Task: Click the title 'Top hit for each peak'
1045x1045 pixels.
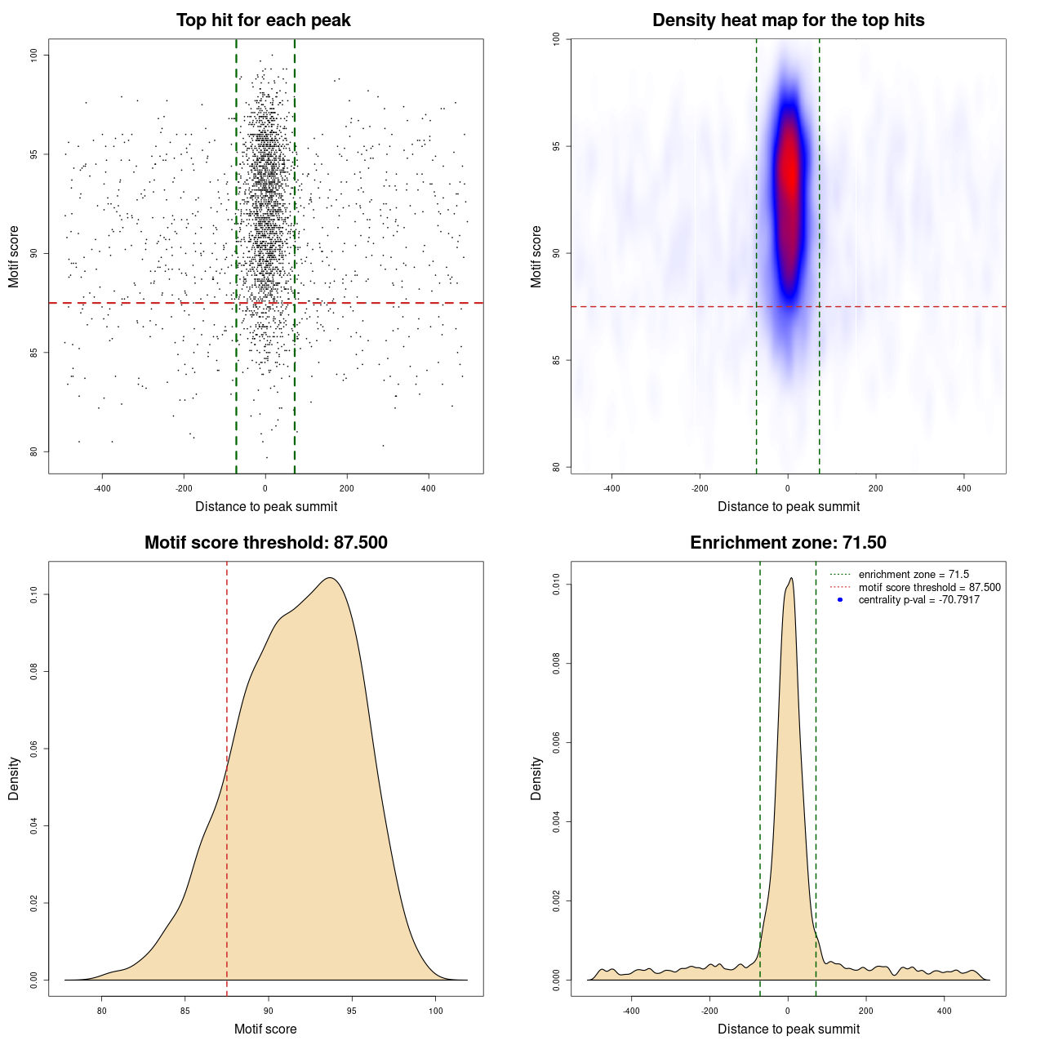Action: click(x=263, y=20)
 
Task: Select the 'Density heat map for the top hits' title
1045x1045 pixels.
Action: click(x=788, y=20)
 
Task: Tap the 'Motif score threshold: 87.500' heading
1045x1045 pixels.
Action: click(x=265, y=543)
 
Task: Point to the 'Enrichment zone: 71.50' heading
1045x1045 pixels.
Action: click(x=788, y=543)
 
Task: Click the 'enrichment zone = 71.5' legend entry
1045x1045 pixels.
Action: click(x=914, y=575)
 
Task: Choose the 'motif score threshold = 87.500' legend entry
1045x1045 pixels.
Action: click(x=929, y=587)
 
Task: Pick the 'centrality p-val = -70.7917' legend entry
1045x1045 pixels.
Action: click(x=918, y=600)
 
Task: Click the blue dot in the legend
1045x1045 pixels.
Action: click(x=840, y=600)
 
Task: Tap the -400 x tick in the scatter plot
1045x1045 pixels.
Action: click(x=102, y=488)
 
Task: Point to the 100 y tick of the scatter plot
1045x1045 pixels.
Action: click(x=33, y=55)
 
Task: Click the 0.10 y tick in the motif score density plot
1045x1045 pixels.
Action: click(x=33, y=594)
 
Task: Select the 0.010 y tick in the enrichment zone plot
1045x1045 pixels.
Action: click(x=556, y=585)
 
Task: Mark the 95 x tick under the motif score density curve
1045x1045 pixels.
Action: click(x=351, y=1011)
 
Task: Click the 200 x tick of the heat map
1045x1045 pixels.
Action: click(x=875, y=488)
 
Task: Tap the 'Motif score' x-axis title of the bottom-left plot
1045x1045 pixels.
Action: click(x=265, y=1029)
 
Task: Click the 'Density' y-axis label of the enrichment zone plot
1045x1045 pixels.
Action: click(x=536, y=778)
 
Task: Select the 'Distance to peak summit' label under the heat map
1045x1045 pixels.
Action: click(x=788, y=506)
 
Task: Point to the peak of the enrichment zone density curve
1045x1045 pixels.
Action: click(x=791, y=578)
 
